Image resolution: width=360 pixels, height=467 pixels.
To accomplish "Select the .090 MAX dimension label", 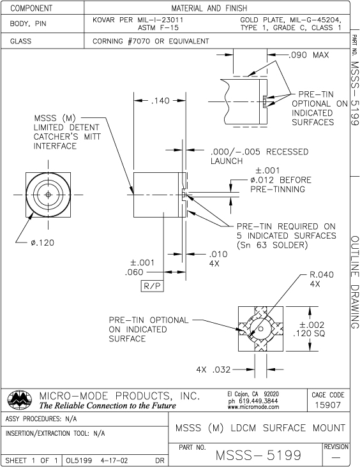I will coord(308,55).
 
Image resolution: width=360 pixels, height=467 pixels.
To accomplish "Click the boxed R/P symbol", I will coord(151,286).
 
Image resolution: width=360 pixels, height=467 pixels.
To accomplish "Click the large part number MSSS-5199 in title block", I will coord(260,454).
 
